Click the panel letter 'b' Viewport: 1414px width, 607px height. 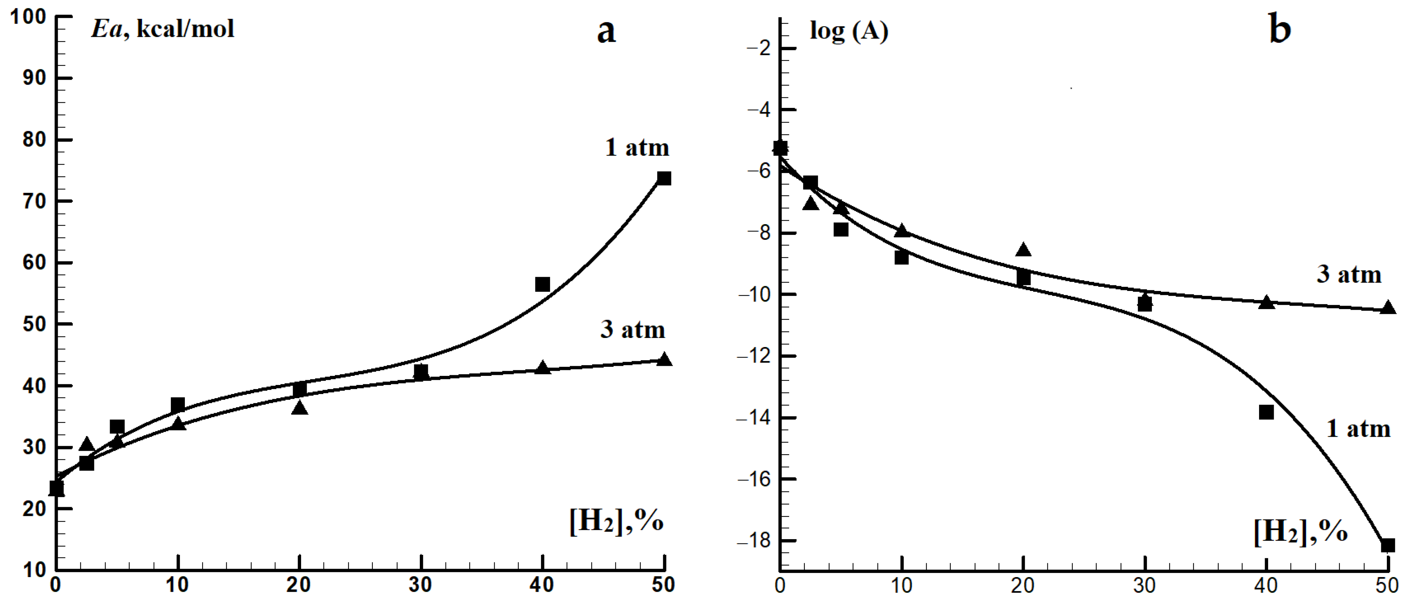click(x=1280, y=31)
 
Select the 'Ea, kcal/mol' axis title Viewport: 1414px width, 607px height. click(x=163, y=29)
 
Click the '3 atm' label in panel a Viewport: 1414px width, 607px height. click(x=633, y=330)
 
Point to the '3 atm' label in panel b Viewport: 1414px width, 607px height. click(x=1348, y=274)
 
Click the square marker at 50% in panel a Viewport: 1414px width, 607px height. click(x=663, y=178)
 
